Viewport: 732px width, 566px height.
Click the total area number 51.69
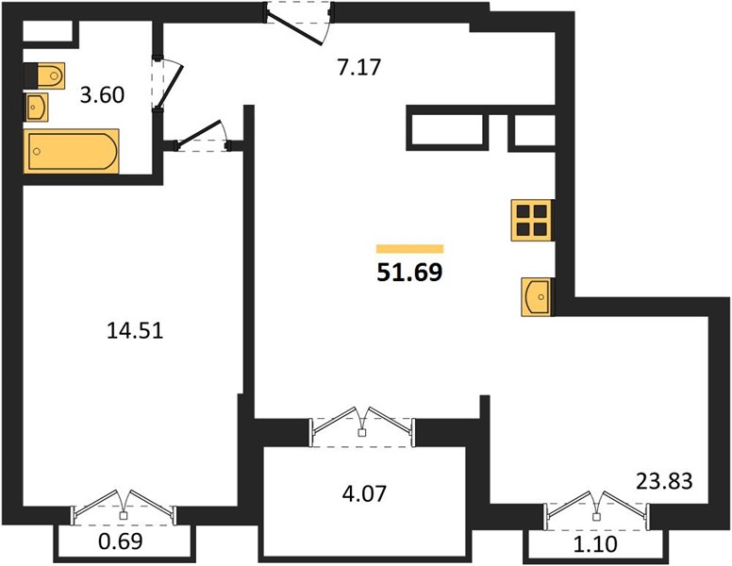(409, 273)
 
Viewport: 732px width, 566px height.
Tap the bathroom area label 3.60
(102, 95)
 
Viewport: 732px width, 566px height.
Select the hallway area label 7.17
(359, 67)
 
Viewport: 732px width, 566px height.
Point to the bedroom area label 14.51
(135, 331)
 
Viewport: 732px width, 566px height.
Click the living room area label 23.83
(664, 481)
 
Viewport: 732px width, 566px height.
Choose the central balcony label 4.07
(364, 493)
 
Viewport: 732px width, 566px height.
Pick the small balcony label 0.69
(121, 541)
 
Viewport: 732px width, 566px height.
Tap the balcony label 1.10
(595, 543)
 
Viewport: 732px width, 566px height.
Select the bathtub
(72, 151)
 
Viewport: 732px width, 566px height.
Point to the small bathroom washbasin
(36, 107)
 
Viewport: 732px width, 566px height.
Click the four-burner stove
(532, 221)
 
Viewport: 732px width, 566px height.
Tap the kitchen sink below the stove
(536, 296)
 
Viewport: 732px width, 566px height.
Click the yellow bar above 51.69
(410, 249)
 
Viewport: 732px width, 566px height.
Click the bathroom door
(167, 85)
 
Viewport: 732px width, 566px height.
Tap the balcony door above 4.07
(362, 425)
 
